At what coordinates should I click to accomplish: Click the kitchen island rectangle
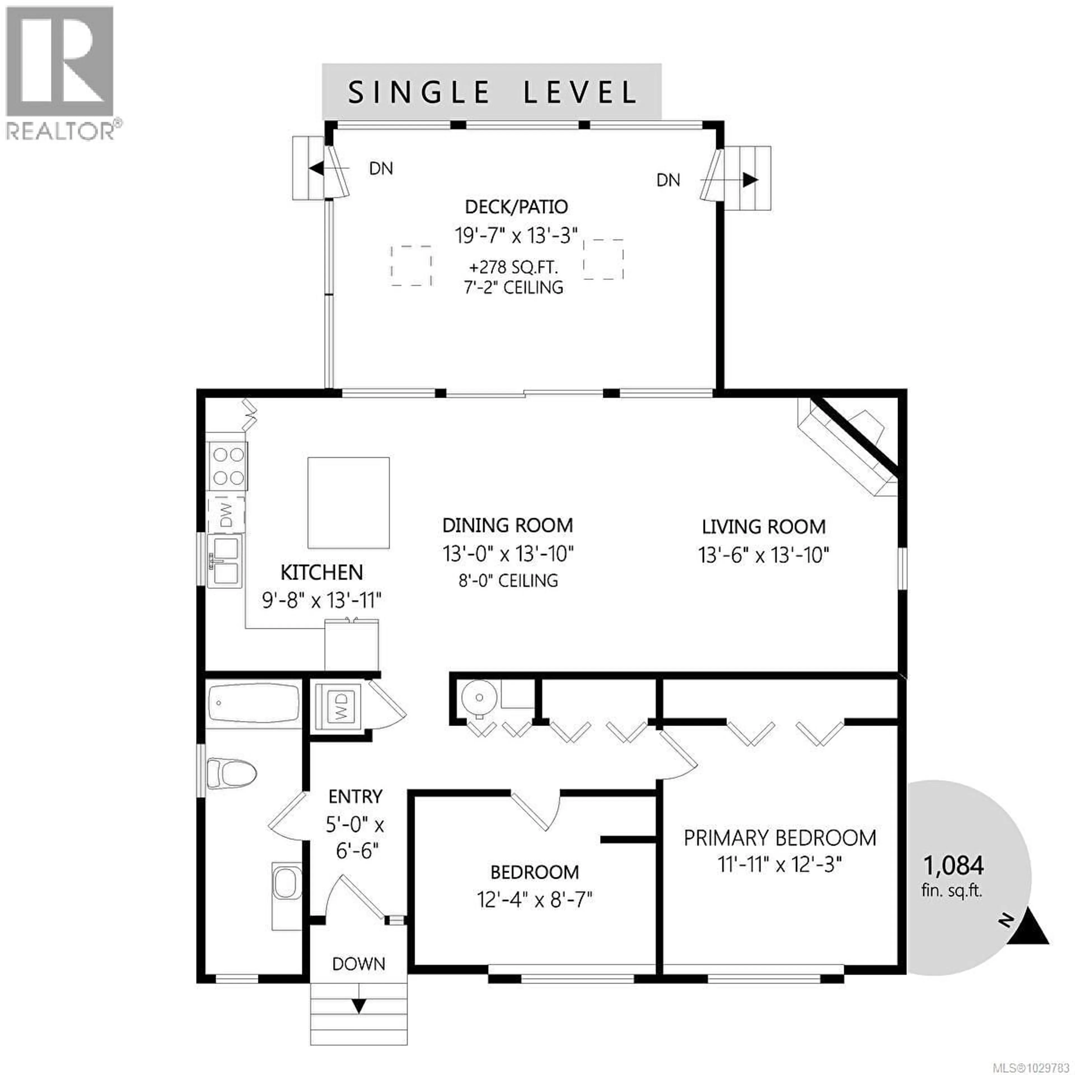(348, 503)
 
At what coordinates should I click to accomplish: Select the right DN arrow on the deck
(750, 180)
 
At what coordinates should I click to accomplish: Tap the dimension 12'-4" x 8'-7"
(534, 900)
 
